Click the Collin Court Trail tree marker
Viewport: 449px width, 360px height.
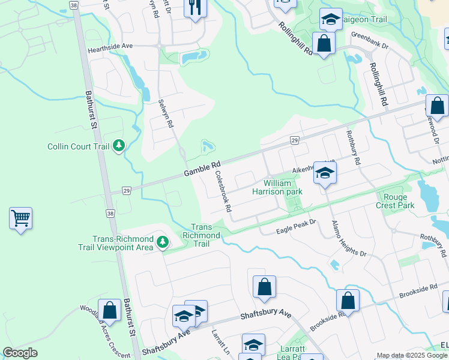[119, 145]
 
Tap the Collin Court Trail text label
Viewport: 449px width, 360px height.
[79, 146]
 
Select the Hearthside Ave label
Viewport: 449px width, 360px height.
[110, 46]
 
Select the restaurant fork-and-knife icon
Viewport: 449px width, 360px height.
[196, 8]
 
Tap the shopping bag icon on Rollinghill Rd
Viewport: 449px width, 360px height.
[324, 44]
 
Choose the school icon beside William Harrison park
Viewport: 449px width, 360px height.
[325, 173]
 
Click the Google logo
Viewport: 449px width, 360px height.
[20, 353]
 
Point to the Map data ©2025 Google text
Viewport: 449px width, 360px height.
[412, 355]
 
